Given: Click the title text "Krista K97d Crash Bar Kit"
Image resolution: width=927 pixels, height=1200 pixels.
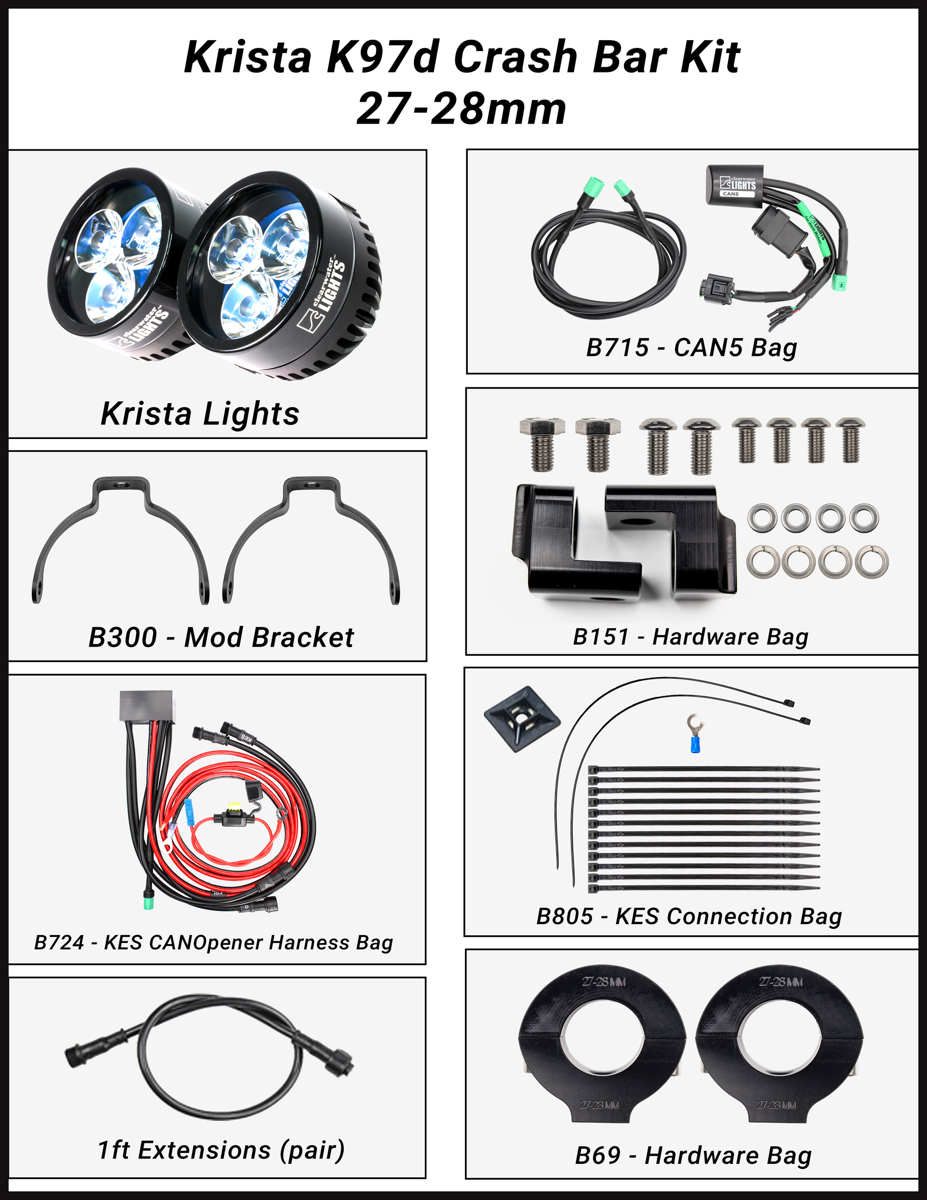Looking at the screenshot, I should point(462,57).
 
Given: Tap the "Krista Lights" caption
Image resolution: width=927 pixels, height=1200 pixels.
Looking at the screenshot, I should point(200,414).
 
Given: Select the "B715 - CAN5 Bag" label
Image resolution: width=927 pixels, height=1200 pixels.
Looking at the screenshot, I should point(691,348).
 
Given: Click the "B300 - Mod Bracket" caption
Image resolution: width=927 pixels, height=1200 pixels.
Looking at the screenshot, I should point(221,637).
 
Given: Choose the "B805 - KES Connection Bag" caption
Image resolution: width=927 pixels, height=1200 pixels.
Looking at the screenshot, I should point(689,916).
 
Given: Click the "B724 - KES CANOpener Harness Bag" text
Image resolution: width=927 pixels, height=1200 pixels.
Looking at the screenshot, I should point(214,942).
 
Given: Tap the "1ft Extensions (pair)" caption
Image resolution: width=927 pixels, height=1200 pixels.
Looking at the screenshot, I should point(221,1150).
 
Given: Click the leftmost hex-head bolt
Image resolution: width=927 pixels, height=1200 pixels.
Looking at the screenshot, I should point(541,444).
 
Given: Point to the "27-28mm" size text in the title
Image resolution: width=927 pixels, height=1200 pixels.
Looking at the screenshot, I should point(462,109).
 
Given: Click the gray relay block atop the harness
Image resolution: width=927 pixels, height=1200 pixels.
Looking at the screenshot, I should point(146,706).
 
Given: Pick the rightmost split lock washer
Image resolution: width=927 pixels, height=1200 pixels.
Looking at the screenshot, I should point(872,561).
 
